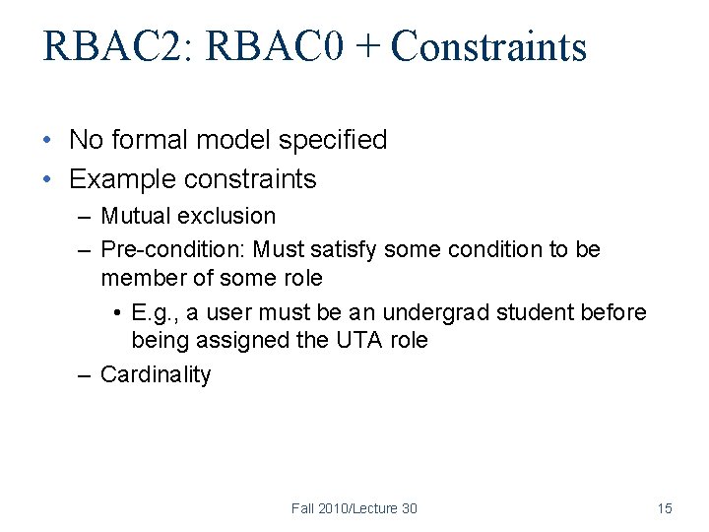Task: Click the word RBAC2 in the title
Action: [102, 47]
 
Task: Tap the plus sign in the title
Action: [367, 47]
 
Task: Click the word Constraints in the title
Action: [488, 47]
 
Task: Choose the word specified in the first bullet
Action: [333, 140]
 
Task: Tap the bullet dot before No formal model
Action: [47, 140]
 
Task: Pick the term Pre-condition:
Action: [175, 250]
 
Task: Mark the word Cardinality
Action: [156, 374]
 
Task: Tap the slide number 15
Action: [665, 508]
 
